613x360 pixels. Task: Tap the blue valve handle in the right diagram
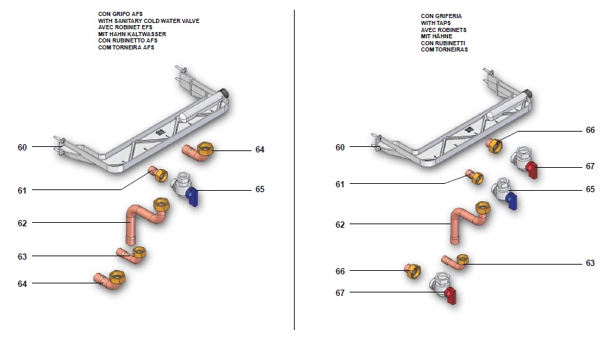pyautogui.click(x=512, y=202)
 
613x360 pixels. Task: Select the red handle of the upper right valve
pyautogui.click(x=532, y=170)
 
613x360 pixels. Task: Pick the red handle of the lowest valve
pyautogui.click(x=450, y=296)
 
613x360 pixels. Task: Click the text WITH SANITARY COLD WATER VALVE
pyautogui.click(x=149, y=22)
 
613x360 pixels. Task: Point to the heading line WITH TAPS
pyautogui.click(x=435, y=23)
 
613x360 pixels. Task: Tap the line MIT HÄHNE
pyautogui.click(x=436, y=36)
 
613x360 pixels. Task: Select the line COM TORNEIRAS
pyautogui.click(x=444, y=50)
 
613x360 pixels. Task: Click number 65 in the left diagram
pyautogui.click(x=260, y=189)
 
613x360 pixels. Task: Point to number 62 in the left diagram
pyautogui.click(x=22, y=224)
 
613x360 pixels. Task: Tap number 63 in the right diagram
pyautogui.click(x=590, y=263)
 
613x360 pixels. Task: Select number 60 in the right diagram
pyautogui.click(x=340, y=147)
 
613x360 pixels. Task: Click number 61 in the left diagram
pyautogui.click(x=22, y=190)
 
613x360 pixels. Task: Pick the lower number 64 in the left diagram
pyautogui.click(x=22, y=283)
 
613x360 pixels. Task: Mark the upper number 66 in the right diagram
pyautogui.click(x=590, y=130)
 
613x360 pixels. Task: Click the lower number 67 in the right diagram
pyautogui.click(x=340, y=293)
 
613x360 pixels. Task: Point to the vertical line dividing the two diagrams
pyautogui.click(x=294, y=174)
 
